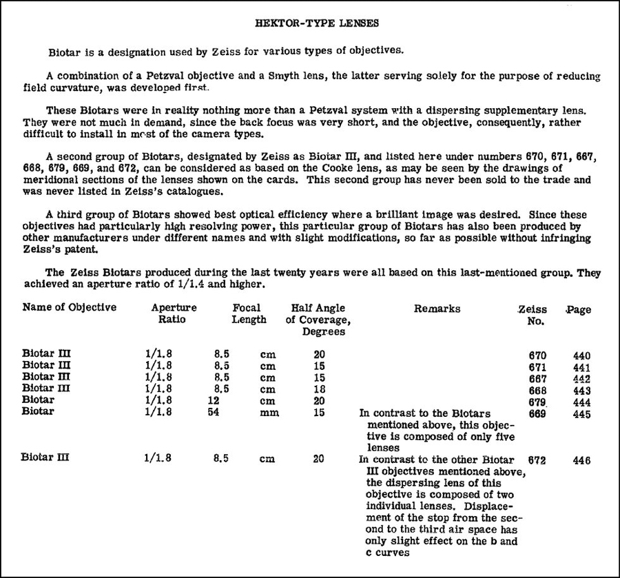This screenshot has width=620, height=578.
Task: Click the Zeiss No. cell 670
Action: coord(537,356)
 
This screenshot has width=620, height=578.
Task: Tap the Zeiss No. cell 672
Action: coord(537,460)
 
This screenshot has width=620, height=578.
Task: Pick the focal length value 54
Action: coord(215,413)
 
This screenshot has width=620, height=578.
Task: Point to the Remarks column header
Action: coord(437,309)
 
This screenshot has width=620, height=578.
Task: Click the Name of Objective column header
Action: coord(70,307)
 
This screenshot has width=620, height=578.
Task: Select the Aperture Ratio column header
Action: coord(174,314)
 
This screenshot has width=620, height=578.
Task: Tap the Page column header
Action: coord(578,310)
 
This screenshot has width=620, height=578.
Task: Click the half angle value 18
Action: coord(318,389)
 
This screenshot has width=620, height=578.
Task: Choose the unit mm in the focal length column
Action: coord(268,413)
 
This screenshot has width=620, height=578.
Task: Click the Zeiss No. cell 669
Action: coord(537,413)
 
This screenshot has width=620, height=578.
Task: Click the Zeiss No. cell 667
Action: coord(537,378)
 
